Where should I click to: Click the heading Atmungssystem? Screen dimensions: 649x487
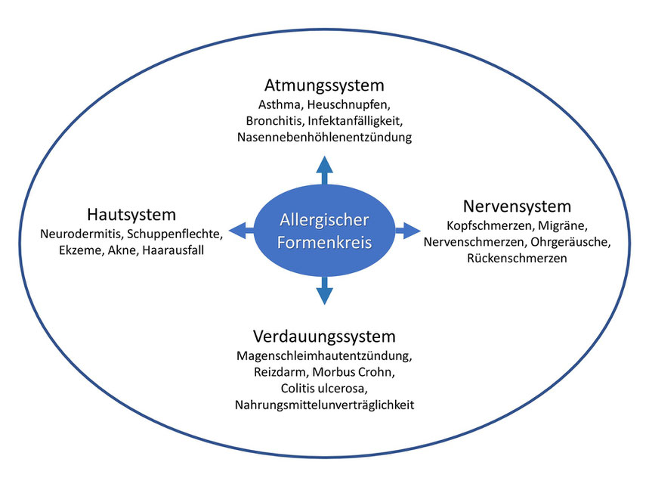pos(324,85)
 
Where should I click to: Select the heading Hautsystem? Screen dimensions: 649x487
pos(131,215)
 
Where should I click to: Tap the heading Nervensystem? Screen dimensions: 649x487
pos(517,206)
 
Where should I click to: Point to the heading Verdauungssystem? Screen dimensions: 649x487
pos(324,337)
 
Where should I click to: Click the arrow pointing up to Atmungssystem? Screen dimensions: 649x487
pos(325,170)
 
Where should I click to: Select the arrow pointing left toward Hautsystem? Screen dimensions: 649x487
pos(241,230)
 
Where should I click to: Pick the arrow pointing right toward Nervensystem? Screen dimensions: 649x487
pos(408,230)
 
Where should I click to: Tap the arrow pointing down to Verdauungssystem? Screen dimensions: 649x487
pos(325,290)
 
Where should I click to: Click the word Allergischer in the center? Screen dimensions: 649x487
pos(324,220)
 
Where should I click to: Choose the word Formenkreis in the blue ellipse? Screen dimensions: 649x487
pos(324,242)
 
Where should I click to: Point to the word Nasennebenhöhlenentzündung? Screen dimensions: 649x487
pos(324,137)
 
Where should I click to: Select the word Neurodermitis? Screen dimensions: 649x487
pos(81,234)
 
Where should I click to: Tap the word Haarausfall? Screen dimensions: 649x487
pos(173,250)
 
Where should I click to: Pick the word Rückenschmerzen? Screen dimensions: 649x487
pos(517,259)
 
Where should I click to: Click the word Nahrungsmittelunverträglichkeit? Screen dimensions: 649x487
pos(324,405)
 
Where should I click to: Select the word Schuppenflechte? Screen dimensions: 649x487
pos(175,234)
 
